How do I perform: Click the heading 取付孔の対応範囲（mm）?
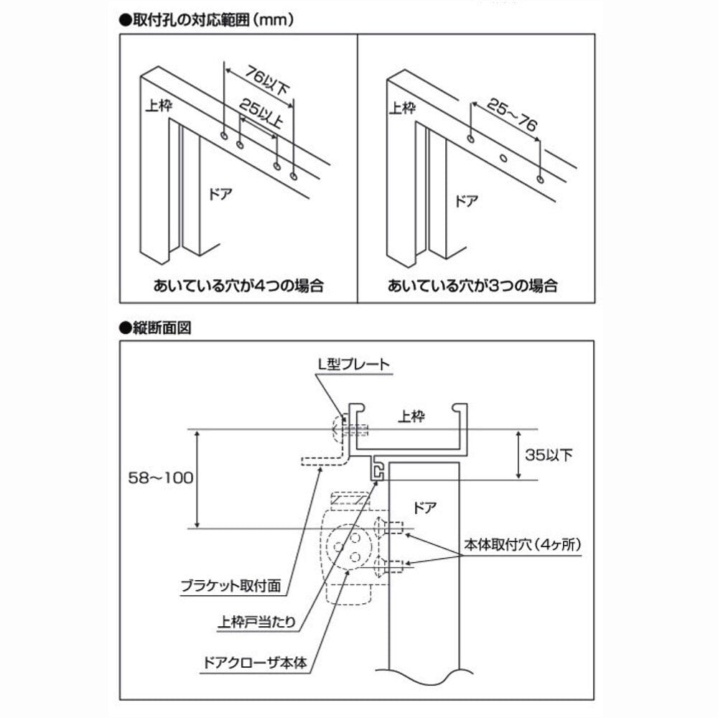tap(207, 19)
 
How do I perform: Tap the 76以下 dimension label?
tap(267, 80)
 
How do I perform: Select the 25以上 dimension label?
tap(261, 113)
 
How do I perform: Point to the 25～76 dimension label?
tap(512, 114)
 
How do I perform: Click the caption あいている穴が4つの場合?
tap(238, 286)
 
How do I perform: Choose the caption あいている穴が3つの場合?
tap(472, 286)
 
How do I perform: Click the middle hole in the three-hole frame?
tap(503, 159)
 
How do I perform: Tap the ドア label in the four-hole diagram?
tap(220, 194)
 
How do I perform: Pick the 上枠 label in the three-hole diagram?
tap(402, 108)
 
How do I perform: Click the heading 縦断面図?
tap(155, 328)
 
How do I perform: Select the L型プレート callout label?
tap(353, 365)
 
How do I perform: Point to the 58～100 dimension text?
tap(161, 478)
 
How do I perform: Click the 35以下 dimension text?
tap(549, 454)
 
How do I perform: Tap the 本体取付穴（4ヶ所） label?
tap(523, 544)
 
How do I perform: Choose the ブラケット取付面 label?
tap(230, 586)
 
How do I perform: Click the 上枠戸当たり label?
tap(256, 622)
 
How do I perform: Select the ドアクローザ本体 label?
tap(255, 663)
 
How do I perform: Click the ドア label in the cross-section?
tap(424, 508)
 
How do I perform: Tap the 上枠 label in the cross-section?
tap(411, 416)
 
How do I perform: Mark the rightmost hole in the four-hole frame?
tap(294, 177)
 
